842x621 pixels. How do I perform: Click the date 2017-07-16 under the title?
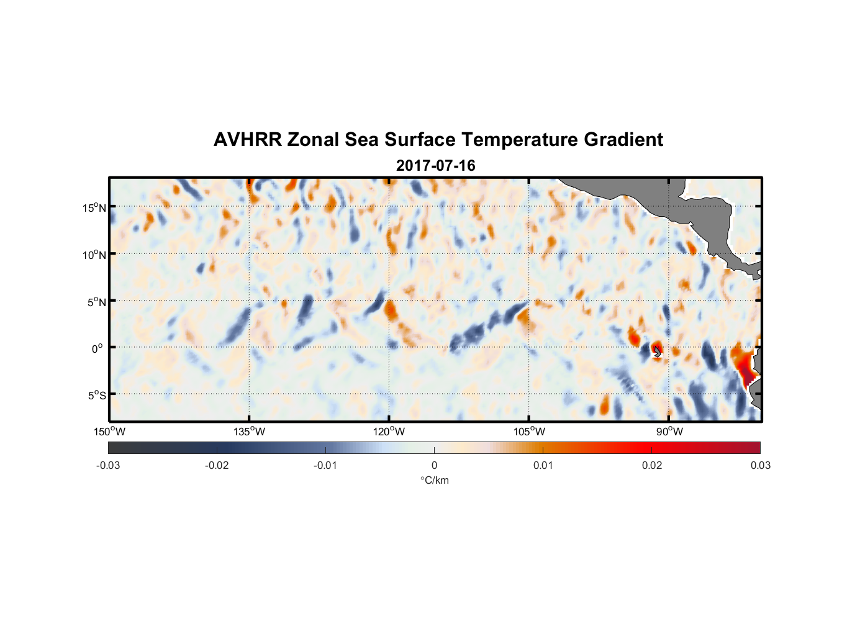435,166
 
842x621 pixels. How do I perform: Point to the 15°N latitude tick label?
94,207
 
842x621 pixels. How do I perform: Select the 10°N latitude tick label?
94,255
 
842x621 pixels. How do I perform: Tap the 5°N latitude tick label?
96,302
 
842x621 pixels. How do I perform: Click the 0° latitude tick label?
97,348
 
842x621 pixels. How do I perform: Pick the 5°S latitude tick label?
96,395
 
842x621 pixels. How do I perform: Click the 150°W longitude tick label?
109,432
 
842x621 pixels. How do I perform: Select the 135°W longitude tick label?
249,432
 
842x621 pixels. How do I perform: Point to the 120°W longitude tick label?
389,432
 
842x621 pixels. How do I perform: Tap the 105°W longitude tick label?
529,432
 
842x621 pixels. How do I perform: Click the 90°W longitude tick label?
669,432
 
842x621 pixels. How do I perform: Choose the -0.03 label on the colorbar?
108,466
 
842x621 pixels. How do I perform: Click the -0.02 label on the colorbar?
217,466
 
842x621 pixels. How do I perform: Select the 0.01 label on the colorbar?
543,466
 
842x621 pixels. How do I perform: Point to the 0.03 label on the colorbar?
760,466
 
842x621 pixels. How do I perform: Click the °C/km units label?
434,480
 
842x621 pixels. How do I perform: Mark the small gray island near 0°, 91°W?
657,352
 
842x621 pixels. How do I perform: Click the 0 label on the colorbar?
434,466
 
